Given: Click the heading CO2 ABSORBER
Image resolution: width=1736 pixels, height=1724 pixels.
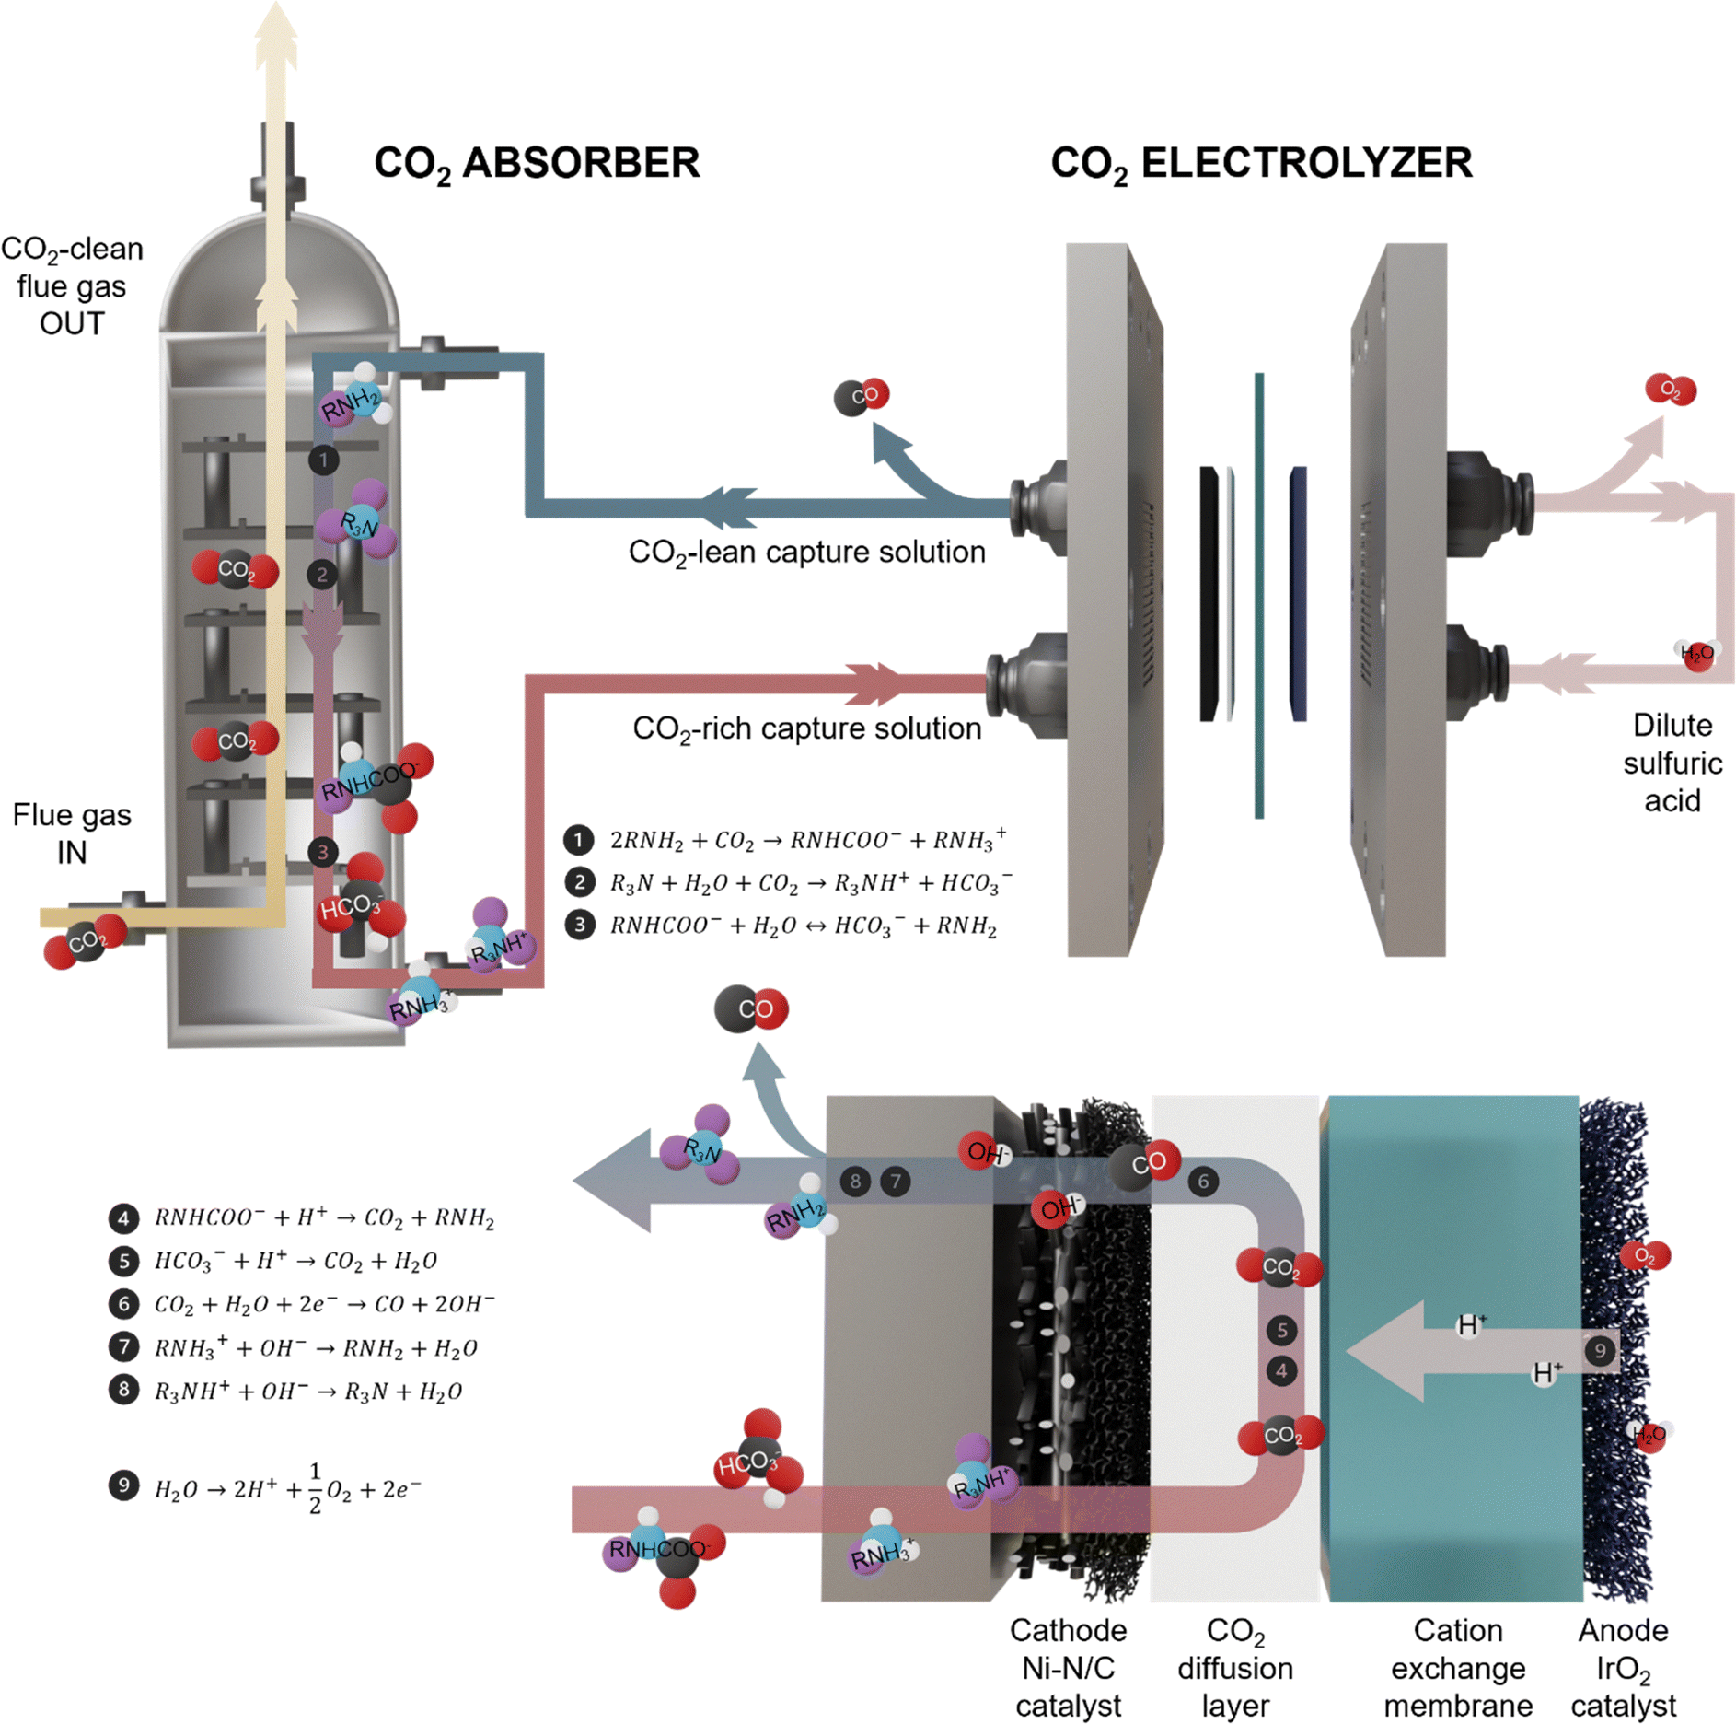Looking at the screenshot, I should coord(537,164).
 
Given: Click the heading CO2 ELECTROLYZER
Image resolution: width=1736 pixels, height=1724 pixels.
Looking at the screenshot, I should coord(1260,164).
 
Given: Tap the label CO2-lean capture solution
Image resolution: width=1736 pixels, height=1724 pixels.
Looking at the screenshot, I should coord(806,553).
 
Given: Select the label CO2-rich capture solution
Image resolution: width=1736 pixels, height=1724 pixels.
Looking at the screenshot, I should coord(806,729).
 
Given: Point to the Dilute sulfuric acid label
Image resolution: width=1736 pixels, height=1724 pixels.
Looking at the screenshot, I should coord(1672,763).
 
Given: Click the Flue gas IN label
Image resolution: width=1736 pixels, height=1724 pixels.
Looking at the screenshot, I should coord(72,833).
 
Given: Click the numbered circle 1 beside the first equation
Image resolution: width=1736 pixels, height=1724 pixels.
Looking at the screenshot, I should coord(578,839).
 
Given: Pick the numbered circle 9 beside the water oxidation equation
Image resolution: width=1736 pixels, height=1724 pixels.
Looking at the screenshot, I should coord(124,1485).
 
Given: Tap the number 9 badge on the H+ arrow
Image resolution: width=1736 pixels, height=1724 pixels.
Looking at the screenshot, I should coord(1600,1351).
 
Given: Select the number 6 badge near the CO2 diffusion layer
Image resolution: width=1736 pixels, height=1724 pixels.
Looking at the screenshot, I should coord(1202,1182).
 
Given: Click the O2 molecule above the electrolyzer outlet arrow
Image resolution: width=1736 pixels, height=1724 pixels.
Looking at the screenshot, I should coord(1670,390).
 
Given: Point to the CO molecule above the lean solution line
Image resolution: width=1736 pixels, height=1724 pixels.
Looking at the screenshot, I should coord(862,396).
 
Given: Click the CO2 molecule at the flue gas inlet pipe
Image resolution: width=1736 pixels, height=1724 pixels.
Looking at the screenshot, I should coord(86,941).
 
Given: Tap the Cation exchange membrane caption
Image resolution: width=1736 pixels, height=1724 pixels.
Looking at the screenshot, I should coord(1458,1668).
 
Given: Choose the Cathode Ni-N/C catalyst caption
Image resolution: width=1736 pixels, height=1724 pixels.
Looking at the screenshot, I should coord(1068,1668).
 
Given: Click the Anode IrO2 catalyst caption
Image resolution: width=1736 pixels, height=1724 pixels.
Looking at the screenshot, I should coord(1623,1668).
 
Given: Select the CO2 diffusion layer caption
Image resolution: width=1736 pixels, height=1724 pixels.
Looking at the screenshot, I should coord(1235,1668).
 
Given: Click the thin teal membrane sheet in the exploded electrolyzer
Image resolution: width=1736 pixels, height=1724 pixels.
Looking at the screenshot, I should coord(1258,595).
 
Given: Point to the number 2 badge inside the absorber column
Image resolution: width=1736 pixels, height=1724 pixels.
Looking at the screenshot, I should coord(322,576).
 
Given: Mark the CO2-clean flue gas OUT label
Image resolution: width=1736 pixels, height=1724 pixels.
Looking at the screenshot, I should coord(72,286).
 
